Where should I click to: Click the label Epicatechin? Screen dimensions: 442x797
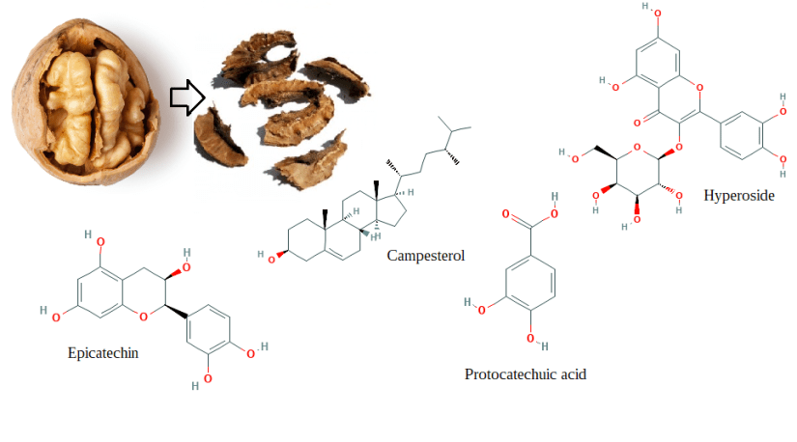102,352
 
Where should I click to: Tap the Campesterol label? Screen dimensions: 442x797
426,257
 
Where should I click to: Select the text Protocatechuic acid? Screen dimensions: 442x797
525,374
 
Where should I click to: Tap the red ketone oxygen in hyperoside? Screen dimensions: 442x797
639,123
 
